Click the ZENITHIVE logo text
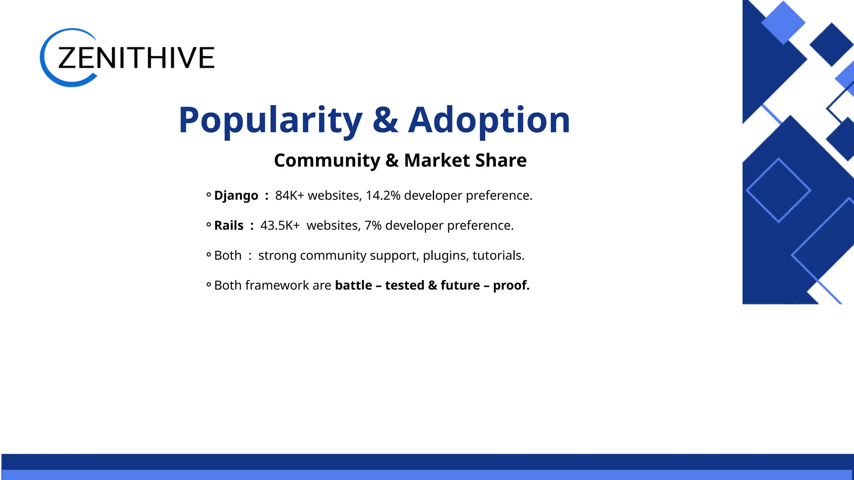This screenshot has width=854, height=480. pyautogui.click(x=136, y=57)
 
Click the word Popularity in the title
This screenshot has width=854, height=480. pyautogui.click(x=270, y=120)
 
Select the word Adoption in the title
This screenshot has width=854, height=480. pyautogui.click(x=489, y=120)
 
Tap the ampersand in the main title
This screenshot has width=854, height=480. pyautogui.click(x=385, y=120)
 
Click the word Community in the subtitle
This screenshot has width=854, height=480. pyautogui.click(x=327, y=160)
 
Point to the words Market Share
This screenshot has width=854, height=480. pyautogui.click(x=465, y=160)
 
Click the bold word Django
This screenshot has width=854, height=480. pyautogui.click(x=236, y=195)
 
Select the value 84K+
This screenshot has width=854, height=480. pyautogui.click(x=289, y=195)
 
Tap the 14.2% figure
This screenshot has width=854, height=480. pyautogui.click(x=383, y=195)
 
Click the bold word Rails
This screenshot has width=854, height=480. pyautogui.click(x=229, y=225)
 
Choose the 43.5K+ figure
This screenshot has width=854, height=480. pyautogui.click(x=280, y=225)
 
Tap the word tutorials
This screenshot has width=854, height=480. pyautogui.click(x=498, y=255)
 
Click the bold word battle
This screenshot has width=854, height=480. pyautogui.click(x=353, y=285)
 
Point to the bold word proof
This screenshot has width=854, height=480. pyautogui.click(x=511, y=285)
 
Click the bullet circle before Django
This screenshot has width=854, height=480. pyautogui.click(x=208, y=195)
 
